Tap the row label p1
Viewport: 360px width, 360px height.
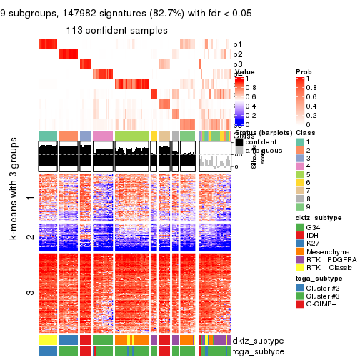coord(238,45)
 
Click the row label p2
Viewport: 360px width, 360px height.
coord(238,55)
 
